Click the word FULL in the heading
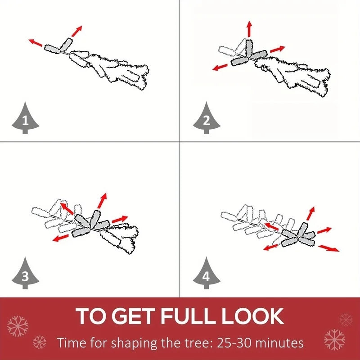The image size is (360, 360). click(x=189, y=316)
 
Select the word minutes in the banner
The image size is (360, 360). click(x=279, y=343)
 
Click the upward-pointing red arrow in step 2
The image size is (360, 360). click(x=249, y=29)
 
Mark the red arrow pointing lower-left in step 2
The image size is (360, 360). click(x=220, y=67)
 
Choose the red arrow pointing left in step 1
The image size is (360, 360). click(x=36, y=42)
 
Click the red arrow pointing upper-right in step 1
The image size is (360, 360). click(x=76, y=31)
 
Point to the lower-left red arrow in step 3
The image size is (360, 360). click(x=60, y=238)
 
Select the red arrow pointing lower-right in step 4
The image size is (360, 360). click(x=328, y=248)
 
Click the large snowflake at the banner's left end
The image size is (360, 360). click(x=18, y=326)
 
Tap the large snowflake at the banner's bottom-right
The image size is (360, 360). click(x=334, y=340)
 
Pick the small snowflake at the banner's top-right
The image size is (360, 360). click(x=346, y=319)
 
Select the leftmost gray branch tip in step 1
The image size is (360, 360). click(x=52, y=49)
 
